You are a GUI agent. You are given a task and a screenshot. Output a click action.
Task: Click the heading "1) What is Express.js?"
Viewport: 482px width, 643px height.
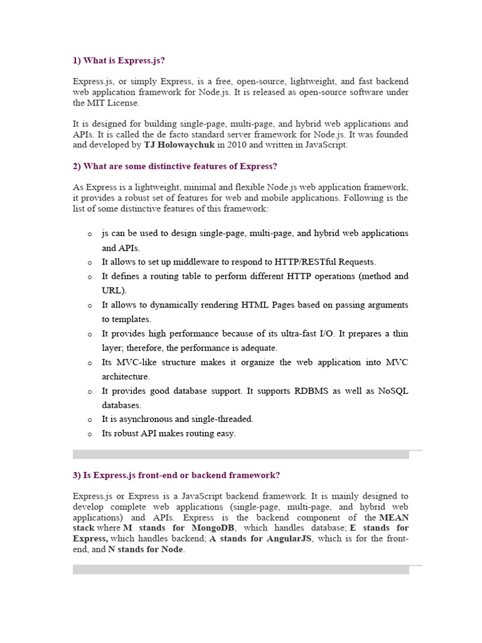[119, 61]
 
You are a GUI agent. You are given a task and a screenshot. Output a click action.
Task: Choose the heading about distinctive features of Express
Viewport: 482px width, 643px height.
[174, 166]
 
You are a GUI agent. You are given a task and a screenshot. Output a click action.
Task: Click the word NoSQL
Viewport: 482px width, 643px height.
[393, 391]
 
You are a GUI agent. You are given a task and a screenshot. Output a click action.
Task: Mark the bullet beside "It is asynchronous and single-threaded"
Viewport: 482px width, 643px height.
[90, 419]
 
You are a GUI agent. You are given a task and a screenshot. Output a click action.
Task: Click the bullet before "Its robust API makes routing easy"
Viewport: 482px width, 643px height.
[90, 434]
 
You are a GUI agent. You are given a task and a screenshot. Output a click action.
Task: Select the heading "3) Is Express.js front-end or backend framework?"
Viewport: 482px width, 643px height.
[176, 475]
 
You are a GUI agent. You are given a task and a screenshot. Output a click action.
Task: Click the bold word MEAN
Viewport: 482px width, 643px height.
[394, 517]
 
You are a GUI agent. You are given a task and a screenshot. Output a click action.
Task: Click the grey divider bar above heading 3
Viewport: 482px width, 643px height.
[241, 455]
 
